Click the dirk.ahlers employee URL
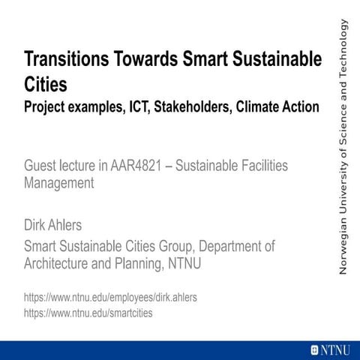point(111,298)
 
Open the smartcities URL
point(88,313)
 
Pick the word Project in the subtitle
point(46,106)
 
